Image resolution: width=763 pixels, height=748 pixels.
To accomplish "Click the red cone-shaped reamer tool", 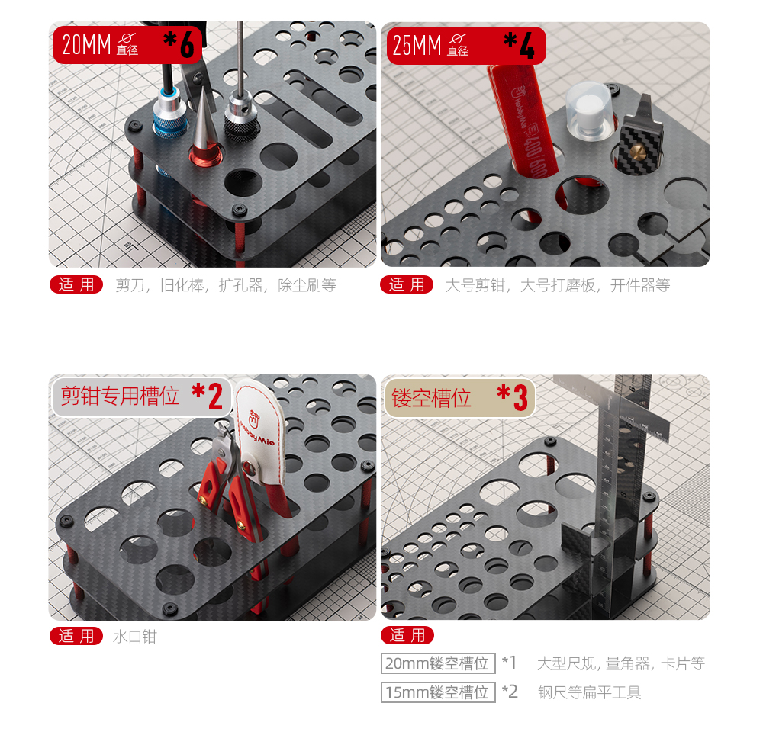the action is pos(204,131).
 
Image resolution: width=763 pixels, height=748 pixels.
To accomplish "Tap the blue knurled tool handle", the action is pos(170,116).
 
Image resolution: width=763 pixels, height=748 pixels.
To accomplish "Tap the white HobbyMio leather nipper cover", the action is pos(261,438).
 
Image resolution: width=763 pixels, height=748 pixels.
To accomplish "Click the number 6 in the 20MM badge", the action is pos(188,45).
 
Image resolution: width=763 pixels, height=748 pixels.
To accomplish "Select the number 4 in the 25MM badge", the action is pos(527,46).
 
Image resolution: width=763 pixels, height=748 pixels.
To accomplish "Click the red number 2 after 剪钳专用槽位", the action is pos(215,396).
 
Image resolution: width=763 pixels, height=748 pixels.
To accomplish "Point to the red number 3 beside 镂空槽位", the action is pos(520,398).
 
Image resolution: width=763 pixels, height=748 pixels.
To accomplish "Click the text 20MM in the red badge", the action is pos(87,45).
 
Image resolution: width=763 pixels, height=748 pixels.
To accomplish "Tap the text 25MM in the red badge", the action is pos(417,46).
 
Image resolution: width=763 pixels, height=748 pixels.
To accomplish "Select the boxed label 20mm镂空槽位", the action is pos(438,663).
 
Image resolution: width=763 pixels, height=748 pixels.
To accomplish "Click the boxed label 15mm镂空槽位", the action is pos(438,692).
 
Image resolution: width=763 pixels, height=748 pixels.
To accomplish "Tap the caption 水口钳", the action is pos(135,637).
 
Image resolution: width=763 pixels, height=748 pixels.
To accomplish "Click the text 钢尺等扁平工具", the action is pos(589,692).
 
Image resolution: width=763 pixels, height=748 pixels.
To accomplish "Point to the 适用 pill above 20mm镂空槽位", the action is pos(407,635).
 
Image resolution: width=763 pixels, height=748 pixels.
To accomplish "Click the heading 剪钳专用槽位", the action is pos(120,396).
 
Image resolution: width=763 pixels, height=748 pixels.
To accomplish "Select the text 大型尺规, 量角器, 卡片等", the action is pos(621,663).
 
